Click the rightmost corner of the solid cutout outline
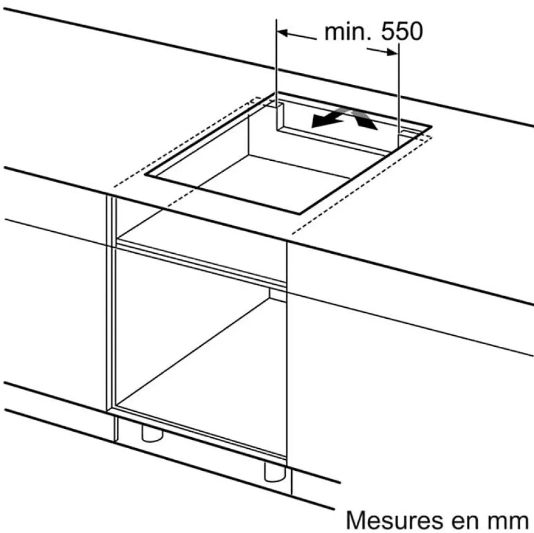click(431, 127)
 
